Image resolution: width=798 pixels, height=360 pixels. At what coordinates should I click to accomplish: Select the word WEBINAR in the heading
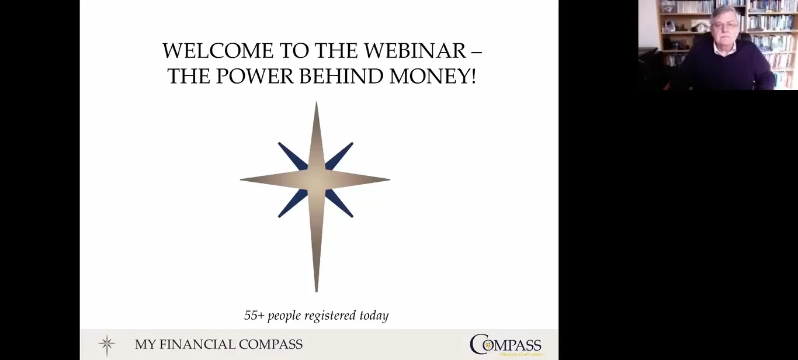pyautogui.click(x=415, y=51)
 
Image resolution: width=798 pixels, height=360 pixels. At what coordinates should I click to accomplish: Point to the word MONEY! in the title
pyautogui.click(x=432, y=76)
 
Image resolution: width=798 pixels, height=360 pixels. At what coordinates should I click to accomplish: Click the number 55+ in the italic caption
pyautogui.click(x=254, y=316)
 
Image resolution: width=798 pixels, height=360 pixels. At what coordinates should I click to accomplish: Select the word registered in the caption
pyautogui.click(x=331, y=316)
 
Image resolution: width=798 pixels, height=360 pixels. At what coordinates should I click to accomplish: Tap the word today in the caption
pyautogui.click(x=374, y=316)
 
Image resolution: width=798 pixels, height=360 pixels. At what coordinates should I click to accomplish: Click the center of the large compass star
pyautogui.click(x=316, y=179)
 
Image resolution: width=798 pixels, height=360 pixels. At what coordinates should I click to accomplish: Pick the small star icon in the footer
pyautogui.click(x=106, y=345)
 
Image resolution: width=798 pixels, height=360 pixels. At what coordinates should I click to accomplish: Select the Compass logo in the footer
pyautogui.click(x=506, y=345)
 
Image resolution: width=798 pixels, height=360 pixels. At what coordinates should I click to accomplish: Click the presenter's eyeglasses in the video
pyautogui.click(x=726, y=25)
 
